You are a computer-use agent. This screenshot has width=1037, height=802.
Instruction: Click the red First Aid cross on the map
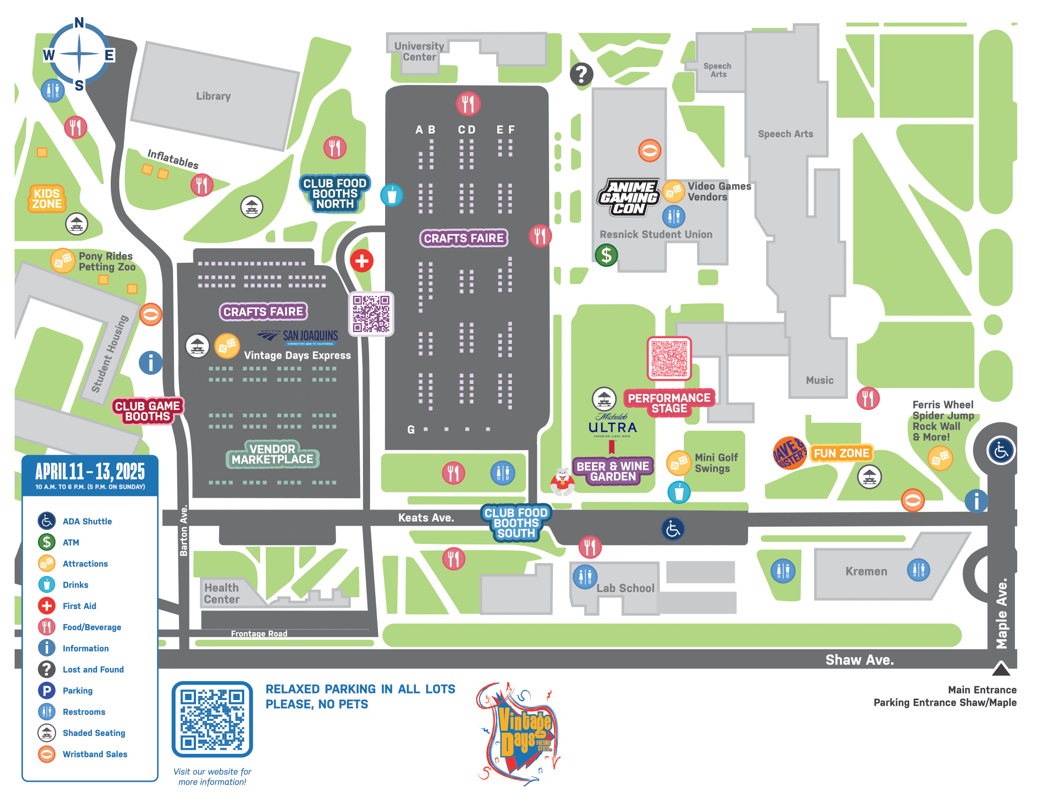coord(362,261)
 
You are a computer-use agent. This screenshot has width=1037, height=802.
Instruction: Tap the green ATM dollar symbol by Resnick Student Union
coord(606,255)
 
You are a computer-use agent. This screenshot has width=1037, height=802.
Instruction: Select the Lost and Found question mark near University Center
coord(581,74)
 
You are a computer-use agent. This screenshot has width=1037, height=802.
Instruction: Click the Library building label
coord(213,96)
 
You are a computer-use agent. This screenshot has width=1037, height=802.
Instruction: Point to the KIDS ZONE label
coord(47,199)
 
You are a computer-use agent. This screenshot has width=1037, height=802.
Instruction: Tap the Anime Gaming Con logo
coord(629,198)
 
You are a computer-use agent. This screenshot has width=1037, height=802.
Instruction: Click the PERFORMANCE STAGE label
coord(669,403)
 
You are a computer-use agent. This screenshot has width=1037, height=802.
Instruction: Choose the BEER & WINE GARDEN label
coord(612,471)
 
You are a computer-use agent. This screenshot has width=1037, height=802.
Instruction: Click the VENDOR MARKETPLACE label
coord(272,454)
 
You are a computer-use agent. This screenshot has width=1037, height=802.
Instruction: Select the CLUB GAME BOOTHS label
coord(147,411)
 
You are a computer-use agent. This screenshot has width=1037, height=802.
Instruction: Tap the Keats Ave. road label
coord(426,518)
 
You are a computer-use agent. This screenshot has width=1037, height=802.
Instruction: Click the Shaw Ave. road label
coord(859,660)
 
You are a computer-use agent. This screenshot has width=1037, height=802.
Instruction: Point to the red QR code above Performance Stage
coord(669,358)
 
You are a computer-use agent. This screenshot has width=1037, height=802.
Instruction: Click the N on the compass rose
coord(79,23)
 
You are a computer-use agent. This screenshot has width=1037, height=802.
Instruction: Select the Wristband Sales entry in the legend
coord(95,754)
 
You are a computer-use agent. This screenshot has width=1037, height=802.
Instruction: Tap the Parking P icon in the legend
coord(47,690)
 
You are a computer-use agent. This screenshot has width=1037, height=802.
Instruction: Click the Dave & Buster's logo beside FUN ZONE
coord(789,453)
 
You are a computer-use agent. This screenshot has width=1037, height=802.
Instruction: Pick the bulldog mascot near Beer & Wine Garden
coord(562,481)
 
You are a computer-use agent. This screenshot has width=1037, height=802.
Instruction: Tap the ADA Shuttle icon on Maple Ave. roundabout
coord(1001,451)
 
